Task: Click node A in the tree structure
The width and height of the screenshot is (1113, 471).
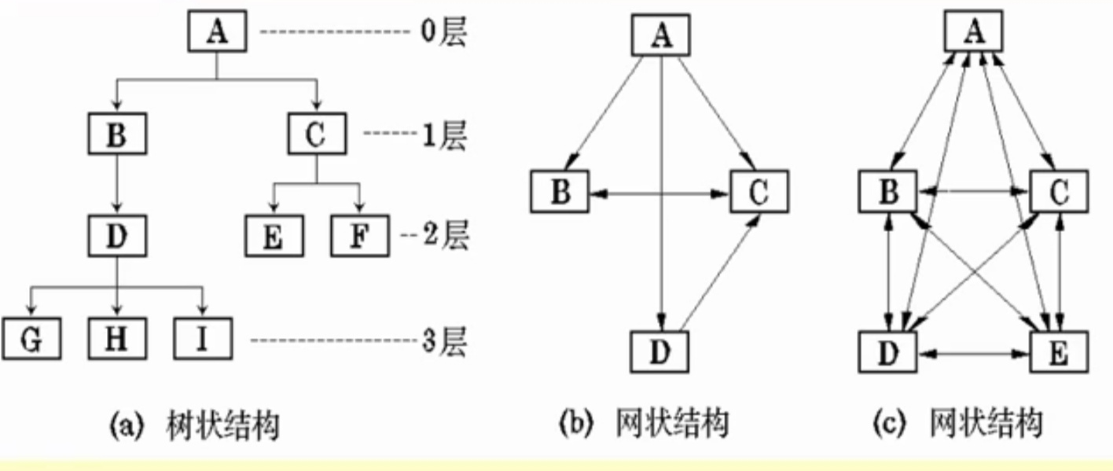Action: [217, 33]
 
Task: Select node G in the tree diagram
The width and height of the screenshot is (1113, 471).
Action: [31, 340]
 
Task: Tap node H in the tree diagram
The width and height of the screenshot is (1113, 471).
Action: [116, 340]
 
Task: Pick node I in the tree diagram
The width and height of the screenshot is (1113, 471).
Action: [202, 340]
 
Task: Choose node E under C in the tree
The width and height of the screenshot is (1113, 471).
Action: [273, 235]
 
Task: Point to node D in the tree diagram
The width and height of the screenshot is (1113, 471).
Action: [116, 235]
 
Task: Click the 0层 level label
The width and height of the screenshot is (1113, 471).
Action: [443, 33]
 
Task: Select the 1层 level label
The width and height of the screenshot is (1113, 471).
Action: [443, 134]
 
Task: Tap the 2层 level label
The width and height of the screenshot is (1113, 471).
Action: [445, 235]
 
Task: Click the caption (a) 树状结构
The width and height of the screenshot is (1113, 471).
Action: [193, 425]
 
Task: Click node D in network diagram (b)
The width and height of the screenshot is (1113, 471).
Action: [659, 351]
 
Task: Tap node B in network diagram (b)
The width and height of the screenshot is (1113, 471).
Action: [560, 192]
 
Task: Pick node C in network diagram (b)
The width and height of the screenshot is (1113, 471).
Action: [759, 192]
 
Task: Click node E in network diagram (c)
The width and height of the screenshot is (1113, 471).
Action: [1058, 351]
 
